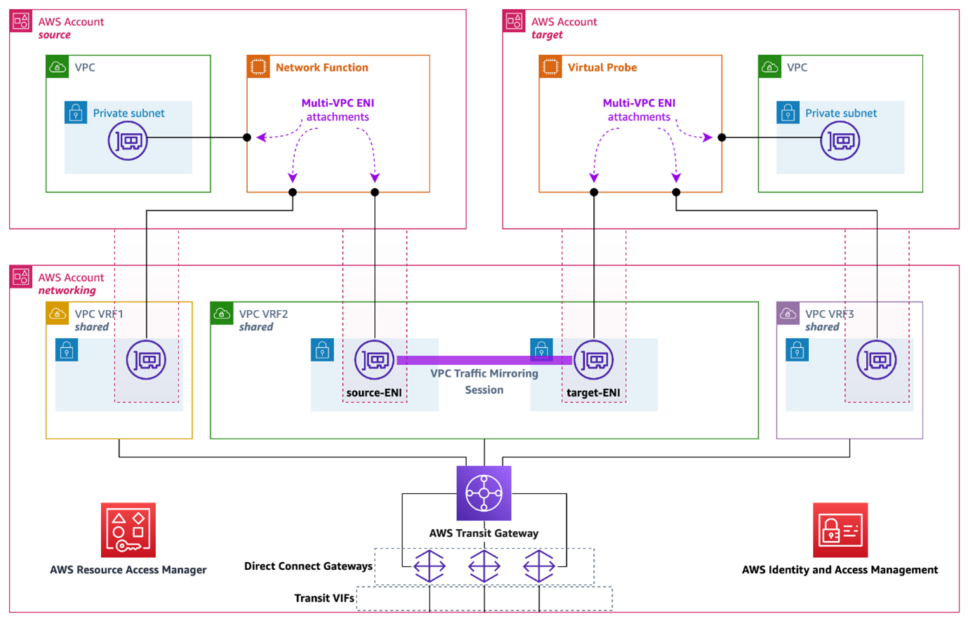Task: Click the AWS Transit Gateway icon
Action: pos(484,493)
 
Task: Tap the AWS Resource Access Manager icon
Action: pos(128,530)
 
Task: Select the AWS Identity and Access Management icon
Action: pos(840,530)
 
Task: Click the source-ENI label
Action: pos(374,393)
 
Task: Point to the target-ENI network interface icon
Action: pos(594,360)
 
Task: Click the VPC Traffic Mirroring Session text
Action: pos(484,382)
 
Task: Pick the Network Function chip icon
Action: pos(258,67)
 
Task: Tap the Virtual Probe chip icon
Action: pos(550,67)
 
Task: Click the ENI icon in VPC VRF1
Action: pos(146,360)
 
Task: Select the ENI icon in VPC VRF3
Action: pos(877,360)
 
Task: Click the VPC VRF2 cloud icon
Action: pos(222,314)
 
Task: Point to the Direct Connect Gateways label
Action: pos(308,566)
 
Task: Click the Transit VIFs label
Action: pos(324,599)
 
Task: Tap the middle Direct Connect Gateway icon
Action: pos(484,566)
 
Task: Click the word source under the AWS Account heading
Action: pos(55,35)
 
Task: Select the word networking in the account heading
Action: pos(67,291)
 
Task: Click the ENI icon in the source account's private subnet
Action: pos(128,140)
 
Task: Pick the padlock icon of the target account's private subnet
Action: pos(788,112)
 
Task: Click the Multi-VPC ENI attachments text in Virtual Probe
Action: pos(639,110)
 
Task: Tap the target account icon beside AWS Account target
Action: pos(514,21)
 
